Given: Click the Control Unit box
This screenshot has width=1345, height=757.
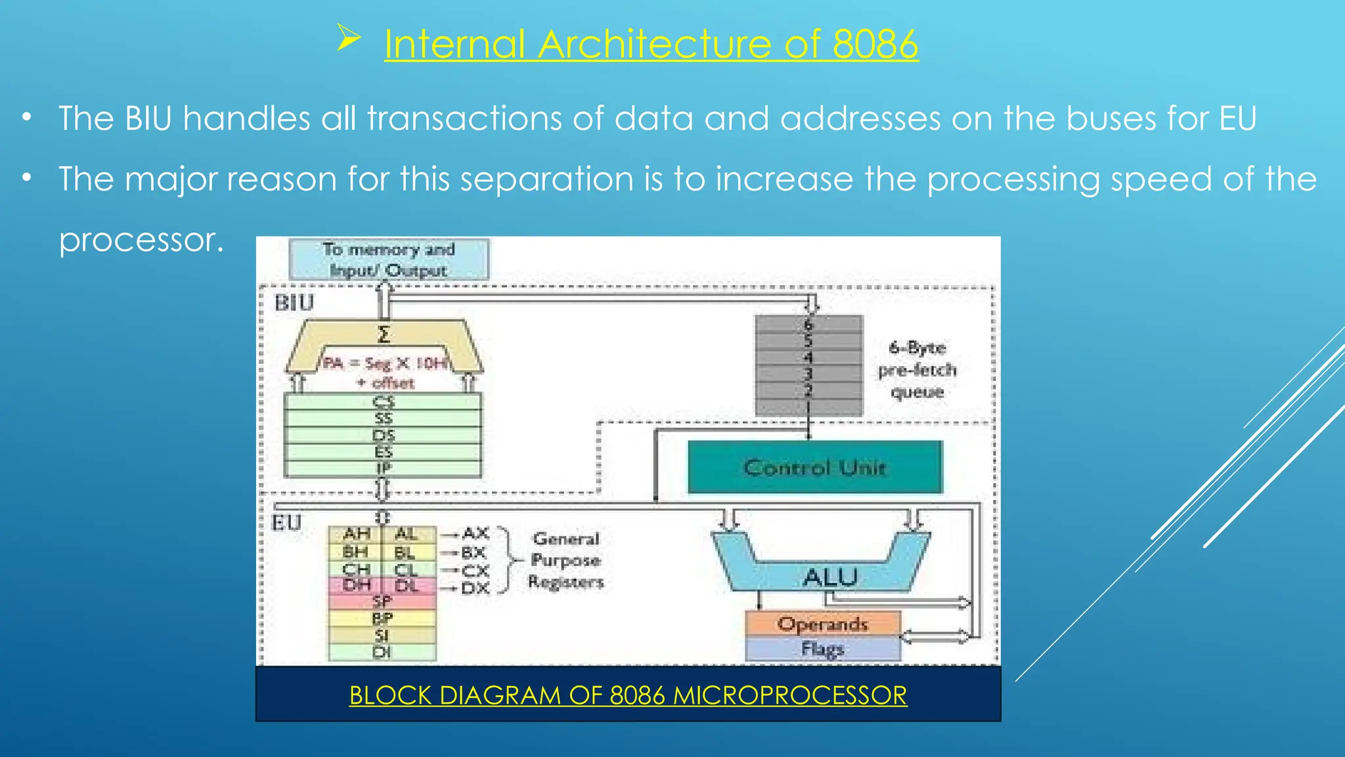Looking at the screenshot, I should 814,467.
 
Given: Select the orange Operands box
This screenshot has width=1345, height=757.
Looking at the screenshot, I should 822,624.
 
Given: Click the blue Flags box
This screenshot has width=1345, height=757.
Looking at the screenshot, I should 822,649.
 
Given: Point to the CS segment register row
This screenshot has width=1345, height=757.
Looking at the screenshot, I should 383,401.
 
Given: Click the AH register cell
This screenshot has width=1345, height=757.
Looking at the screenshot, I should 356,534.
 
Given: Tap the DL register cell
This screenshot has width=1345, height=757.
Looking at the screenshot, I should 407,585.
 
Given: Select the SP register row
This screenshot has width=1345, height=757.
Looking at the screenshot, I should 382,601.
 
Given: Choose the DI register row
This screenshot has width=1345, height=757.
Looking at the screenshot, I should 382,653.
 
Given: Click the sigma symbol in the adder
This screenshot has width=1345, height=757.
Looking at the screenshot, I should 384,334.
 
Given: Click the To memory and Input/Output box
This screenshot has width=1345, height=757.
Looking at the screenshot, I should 389,260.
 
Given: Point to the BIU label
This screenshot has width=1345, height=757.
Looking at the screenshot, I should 294,303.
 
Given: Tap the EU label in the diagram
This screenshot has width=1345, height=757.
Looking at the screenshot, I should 286,523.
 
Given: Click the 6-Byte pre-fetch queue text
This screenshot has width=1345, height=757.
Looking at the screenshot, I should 917,369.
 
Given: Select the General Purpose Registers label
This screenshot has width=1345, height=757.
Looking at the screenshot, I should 565,560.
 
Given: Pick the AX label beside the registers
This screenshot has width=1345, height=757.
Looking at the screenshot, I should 475,533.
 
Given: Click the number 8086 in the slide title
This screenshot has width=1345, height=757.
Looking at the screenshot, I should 875,45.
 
